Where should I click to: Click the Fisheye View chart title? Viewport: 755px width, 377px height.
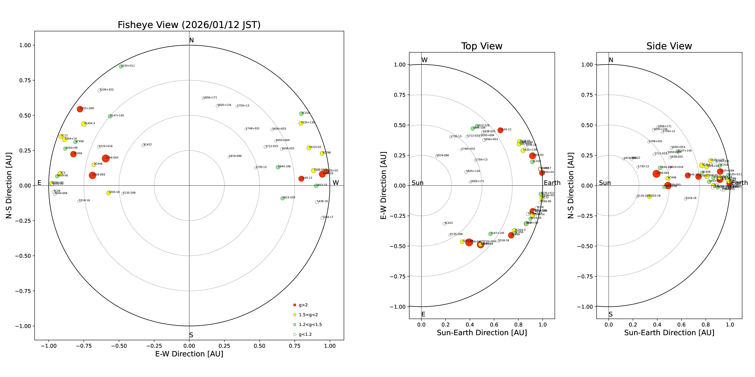pyautogui.click(x=189, y=25)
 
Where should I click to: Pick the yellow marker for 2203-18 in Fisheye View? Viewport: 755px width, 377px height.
pyautogui.click(x=108, y=193)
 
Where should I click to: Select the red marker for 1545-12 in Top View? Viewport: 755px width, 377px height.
pyautogui.click(x=500, y=130)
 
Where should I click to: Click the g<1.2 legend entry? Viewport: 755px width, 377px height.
pyautogui.click(x=305, y=334)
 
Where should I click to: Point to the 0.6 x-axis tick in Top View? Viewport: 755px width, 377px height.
pyautogui.click(x=494, y=325)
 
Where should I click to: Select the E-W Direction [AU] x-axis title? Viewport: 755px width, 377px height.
pyautogui.click(x=189, y=354)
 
